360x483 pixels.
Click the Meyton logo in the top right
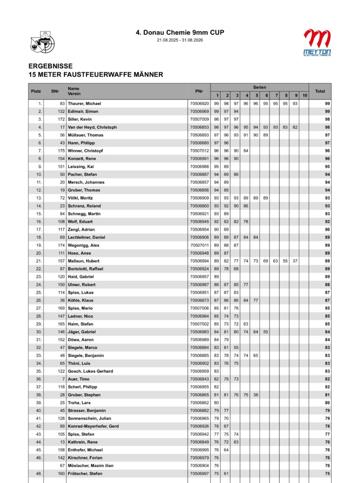click(x=317, y=42)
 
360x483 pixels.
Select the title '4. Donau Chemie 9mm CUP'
click(x=180, y=33)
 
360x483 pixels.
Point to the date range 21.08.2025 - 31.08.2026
click(x=180, y=40)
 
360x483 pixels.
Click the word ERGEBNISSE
click(x=50, y=67)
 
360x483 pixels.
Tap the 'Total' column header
click(x=320, y=91)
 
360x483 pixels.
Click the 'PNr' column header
click(x=199, y=91)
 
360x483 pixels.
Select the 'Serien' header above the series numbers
click(x=259, y=87)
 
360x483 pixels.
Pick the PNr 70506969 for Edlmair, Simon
click(x=199, y=111)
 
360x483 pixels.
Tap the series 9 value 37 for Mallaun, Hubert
click(x=295, y=261)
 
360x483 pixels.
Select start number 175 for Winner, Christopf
click(x=61, y=151)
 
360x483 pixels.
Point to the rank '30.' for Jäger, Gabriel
click(x=39, y=332)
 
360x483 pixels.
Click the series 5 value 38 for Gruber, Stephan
click(x=255, y=395)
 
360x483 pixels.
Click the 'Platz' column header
click(x=36, y=91)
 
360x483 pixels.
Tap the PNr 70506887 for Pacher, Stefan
click(x=199, y=175)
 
